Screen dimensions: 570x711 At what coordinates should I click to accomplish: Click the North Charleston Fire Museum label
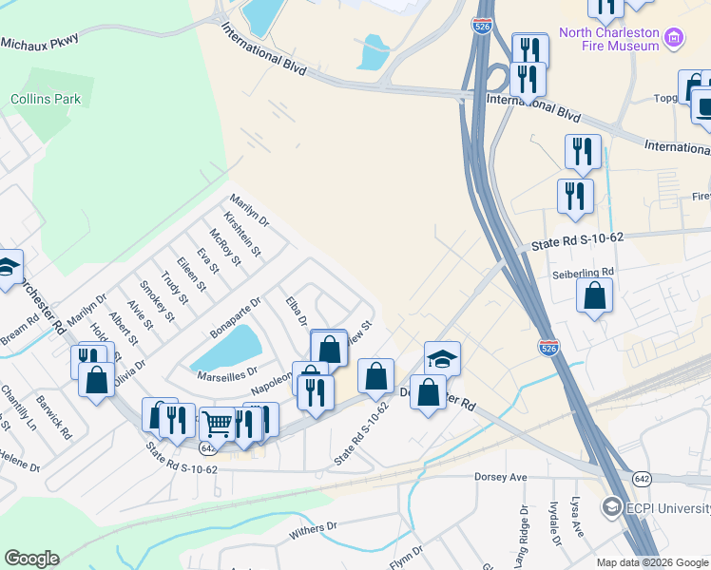point(608,38)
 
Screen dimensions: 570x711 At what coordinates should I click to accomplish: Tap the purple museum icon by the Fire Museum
point(675,38)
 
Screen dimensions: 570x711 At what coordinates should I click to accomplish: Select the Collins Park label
point(46,99)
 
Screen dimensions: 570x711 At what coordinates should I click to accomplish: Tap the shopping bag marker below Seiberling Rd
point(594,295)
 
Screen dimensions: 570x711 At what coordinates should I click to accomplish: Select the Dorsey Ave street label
point(500,477)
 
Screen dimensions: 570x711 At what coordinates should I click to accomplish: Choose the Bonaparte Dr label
point(236,315)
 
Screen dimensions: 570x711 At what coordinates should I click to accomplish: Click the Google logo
point(31,559)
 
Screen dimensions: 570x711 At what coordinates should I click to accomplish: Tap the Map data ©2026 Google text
point(651,562)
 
